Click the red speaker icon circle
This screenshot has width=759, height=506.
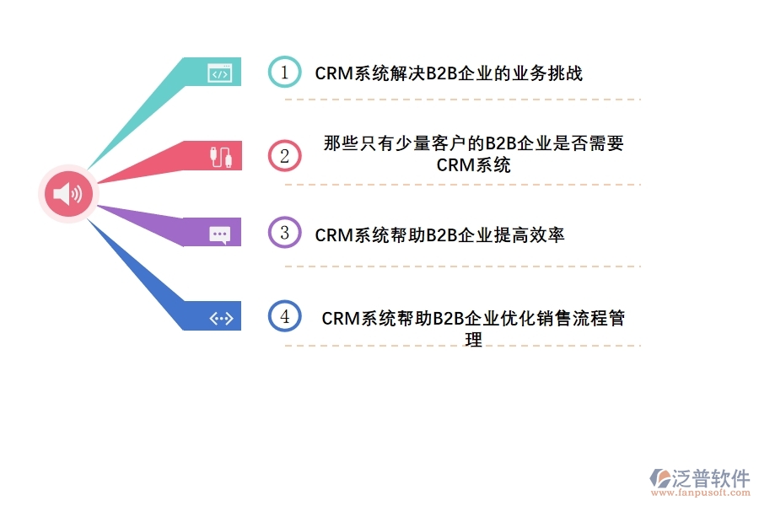pos(68,193)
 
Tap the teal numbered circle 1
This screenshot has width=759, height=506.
pos(284,73)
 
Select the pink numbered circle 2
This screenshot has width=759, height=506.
pos(284,155)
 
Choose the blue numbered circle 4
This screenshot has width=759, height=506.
pos(284,316)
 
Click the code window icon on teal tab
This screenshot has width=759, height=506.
pos(219,73)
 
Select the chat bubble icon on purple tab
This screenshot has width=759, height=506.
pos(219,234)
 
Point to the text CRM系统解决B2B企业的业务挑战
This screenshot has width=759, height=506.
pos(449,73)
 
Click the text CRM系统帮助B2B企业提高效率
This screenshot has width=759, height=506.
pos(439,235)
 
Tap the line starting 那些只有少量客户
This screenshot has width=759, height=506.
pos(473,143)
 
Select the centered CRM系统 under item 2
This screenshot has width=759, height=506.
pos(473,165)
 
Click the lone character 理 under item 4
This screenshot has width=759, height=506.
pos(473,340)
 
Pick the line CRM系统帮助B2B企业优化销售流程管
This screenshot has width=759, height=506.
pos(473,319)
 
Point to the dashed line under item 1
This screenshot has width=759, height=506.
pos(462,100)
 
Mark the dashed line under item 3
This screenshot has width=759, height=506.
pos(462,266)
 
